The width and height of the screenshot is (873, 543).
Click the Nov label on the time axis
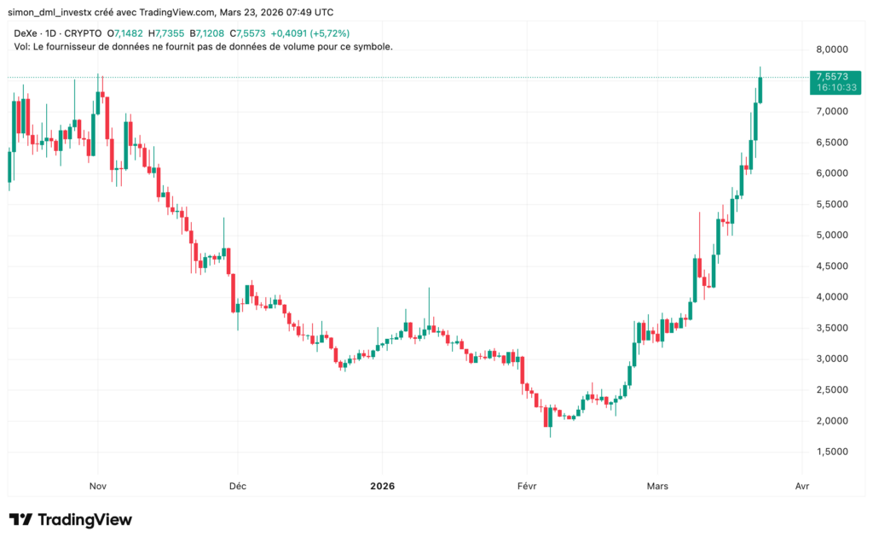pyautogui.click(x=97, y=486)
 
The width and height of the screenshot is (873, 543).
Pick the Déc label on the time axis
pyautogui.click(x=237, y=486)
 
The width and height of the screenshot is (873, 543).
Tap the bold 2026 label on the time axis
pyautogui.click(x=382, y=486)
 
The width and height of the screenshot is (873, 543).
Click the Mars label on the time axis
pyautogui.click(x=656, y=486)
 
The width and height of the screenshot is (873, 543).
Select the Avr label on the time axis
pyautogui.click(x=801, y=486)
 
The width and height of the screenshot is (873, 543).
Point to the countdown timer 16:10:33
pyautogui.click(x=833, y=87)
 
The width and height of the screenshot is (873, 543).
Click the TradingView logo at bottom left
pyautogui.click(x=71, y=519)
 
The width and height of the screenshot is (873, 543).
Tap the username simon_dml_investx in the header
pyautogui.click(x=54, y=13)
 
